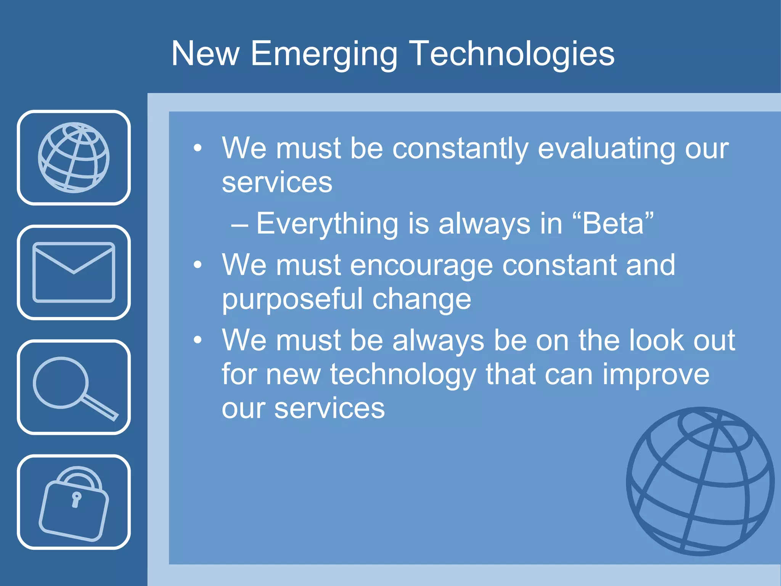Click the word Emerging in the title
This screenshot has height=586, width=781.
tap(324, 54)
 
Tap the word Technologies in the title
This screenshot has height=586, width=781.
tap(512, 54)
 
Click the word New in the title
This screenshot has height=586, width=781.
tap(205, 54)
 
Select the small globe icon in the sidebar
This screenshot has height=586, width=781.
tap(74, 158)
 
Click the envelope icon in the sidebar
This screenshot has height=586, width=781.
tap(74, 272)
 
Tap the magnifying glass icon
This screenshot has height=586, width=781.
tap(74, 387)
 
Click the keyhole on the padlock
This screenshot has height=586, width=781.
tap(76, 499)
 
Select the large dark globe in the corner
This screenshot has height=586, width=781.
tap(700, 481)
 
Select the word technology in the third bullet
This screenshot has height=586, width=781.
tap(403, 375)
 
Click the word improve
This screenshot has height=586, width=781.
tap(656, 375)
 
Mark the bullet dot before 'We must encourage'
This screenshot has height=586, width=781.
tap(197, 265)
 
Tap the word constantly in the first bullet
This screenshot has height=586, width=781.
tap(460, 149)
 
